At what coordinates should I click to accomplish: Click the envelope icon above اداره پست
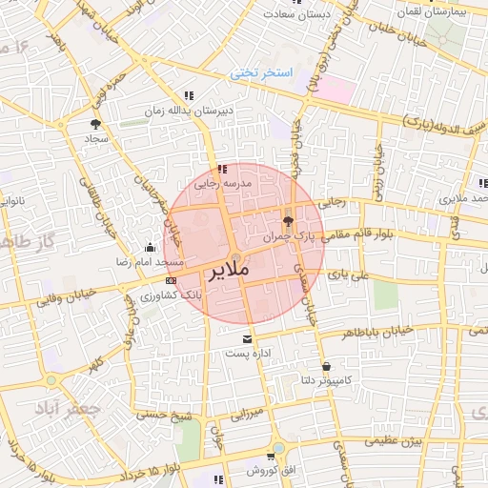click(248, 338)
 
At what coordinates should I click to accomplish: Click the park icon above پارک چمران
click(288, 220)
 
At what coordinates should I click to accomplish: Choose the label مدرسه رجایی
click(222, 182)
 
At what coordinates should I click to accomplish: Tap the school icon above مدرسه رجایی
click(222, 169)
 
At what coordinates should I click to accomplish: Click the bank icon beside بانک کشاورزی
click(171, 281)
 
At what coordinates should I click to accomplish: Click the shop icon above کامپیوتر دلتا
click(327, 365)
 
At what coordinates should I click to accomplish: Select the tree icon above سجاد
click(95, 124)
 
